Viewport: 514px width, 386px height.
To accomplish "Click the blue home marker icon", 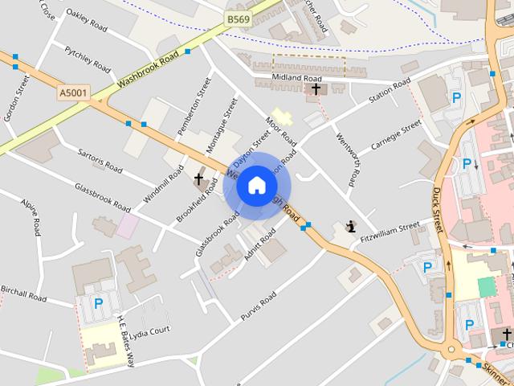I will point(256,186).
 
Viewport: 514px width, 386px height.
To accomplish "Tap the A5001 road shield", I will point(71,93).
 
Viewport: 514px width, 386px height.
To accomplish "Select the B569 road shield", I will point(237,18).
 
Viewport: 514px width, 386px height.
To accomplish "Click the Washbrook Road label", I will point(147,70).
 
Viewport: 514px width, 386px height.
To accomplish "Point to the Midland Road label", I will point(279,78).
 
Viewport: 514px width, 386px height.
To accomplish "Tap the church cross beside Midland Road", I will point(316,88).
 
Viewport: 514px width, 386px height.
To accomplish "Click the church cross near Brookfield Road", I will point(199,179).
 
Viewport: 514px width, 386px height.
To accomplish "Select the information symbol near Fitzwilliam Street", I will point(350,227).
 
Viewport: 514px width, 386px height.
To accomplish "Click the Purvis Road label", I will point(258,306).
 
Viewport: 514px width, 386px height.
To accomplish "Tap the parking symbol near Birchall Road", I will point(98,303).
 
